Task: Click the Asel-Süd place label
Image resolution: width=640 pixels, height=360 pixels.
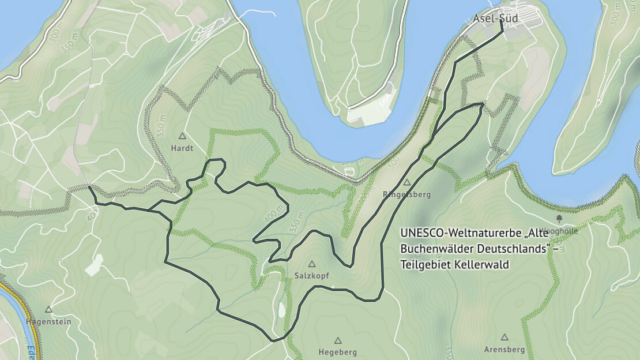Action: coord(495,18)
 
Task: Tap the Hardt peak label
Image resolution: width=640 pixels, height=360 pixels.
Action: coord(182,148)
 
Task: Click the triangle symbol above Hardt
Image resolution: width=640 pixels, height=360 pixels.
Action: coord(182,136)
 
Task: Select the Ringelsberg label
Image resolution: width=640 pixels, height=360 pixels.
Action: coord(406,194)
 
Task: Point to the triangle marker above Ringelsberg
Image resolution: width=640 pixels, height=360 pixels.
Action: coord(406,182)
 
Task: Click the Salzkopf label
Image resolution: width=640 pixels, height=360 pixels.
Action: coord(311,276)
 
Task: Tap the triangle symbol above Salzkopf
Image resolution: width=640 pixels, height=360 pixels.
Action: coord(312,264)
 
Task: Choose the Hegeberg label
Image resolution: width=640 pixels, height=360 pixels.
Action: coord(338,352)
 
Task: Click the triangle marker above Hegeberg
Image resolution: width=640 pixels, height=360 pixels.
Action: coord(338,340)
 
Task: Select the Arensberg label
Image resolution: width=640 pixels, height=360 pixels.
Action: coord(505,350)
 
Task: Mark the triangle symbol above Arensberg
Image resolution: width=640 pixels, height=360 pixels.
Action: coord(505,337)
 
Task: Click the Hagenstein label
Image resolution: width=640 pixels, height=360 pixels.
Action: coord(48,321)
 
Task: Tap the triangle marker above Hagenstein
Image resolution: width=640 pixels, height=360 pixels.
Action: coord(48,310)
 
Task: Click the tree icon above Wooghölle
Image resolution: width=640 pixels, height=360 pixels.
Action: coord(559,219)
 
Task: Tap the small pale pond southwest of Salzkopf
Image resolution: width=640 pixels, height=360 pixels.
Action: coord(281,310)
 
